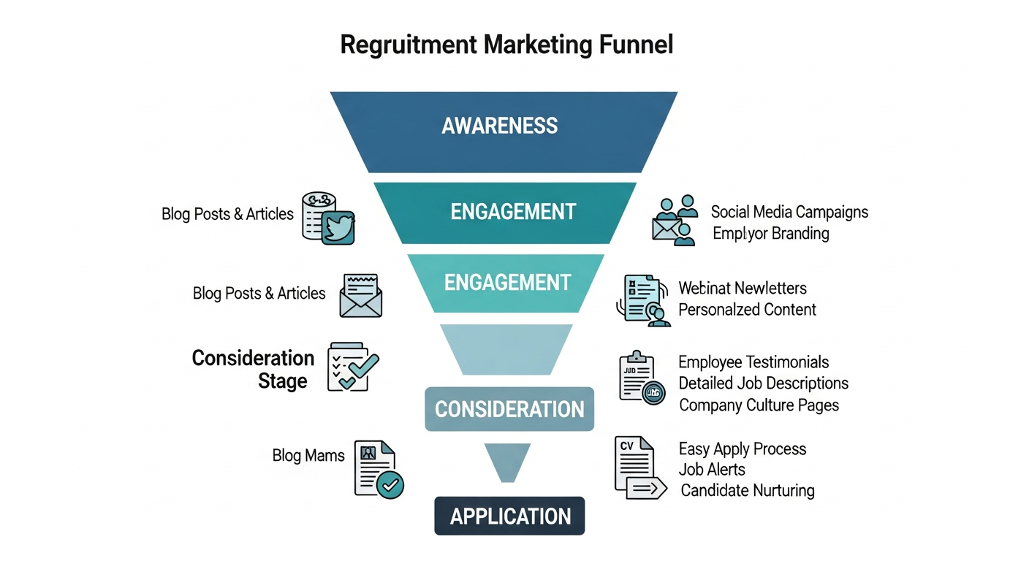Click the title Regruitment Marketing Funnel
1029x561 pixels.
click(506, 45)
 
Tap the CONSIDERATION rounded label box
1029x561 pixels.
click(509, 409)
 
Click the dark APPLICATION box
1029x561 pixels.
click(509, 516)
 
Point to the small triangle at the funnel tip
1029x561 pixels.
click(506, 461)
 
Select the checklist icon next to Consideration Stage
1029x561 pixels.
click(352, 365)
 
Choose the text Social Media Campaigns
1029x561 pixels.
click(789, 212)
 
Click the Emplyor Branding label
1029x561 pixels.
click(770, 234)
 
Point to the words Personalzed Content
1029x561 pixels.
click(747, 310)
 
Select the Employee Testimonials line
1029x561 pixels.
click(753, 362)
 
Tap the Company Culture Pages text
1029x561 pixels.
click(759, 405)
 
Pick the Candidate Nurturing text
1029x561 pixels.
click(747, 491)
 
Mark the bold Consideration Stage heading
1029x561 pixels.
click(254, 369)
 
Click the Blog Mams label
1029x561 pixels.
click(308, 456)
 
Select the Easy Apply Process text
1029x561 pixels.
click(742, 449)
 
